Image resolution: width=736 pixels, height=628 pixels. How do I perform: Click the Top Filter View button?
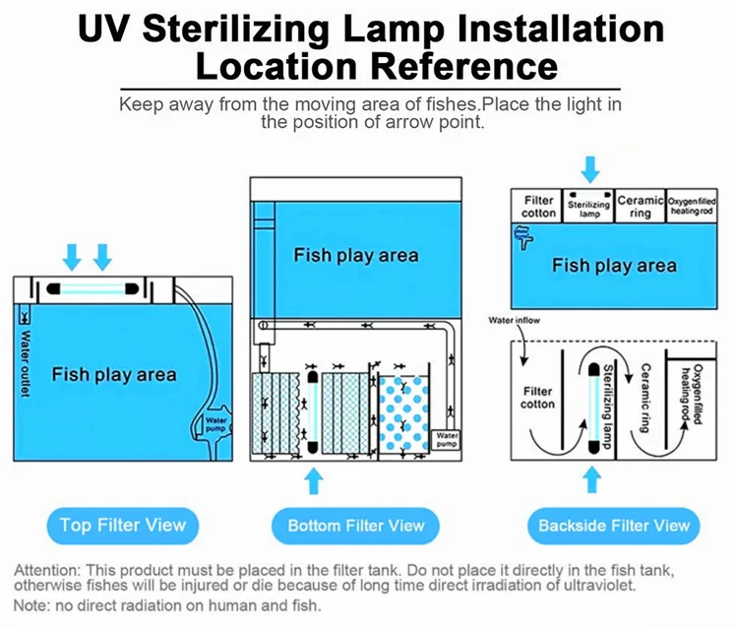coord(122,524)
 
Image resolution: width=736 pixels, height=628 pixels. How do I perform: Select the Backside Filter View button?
coord(613,525)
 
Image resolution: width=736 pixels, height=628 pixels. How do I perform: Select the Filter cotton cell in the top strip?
coord(538,206)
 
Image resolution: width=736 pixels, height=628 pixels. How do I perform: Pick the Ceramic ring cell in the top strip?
coord(641,206)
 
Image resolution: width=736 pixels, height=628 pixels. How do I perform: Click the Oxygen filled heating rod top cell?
coord(691,206)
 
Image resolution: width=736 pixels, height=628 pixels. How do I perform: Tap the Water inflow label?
coord(515,321)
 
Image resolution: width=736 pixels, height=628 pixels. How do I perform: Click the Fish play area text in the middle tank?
coord(355,255)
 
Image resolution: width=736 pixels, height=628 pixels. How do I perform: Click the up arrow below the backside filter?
coord(589,481)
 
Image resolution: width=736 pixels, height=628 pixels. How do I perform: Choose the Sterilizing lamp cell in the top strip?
coord(589,206)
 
